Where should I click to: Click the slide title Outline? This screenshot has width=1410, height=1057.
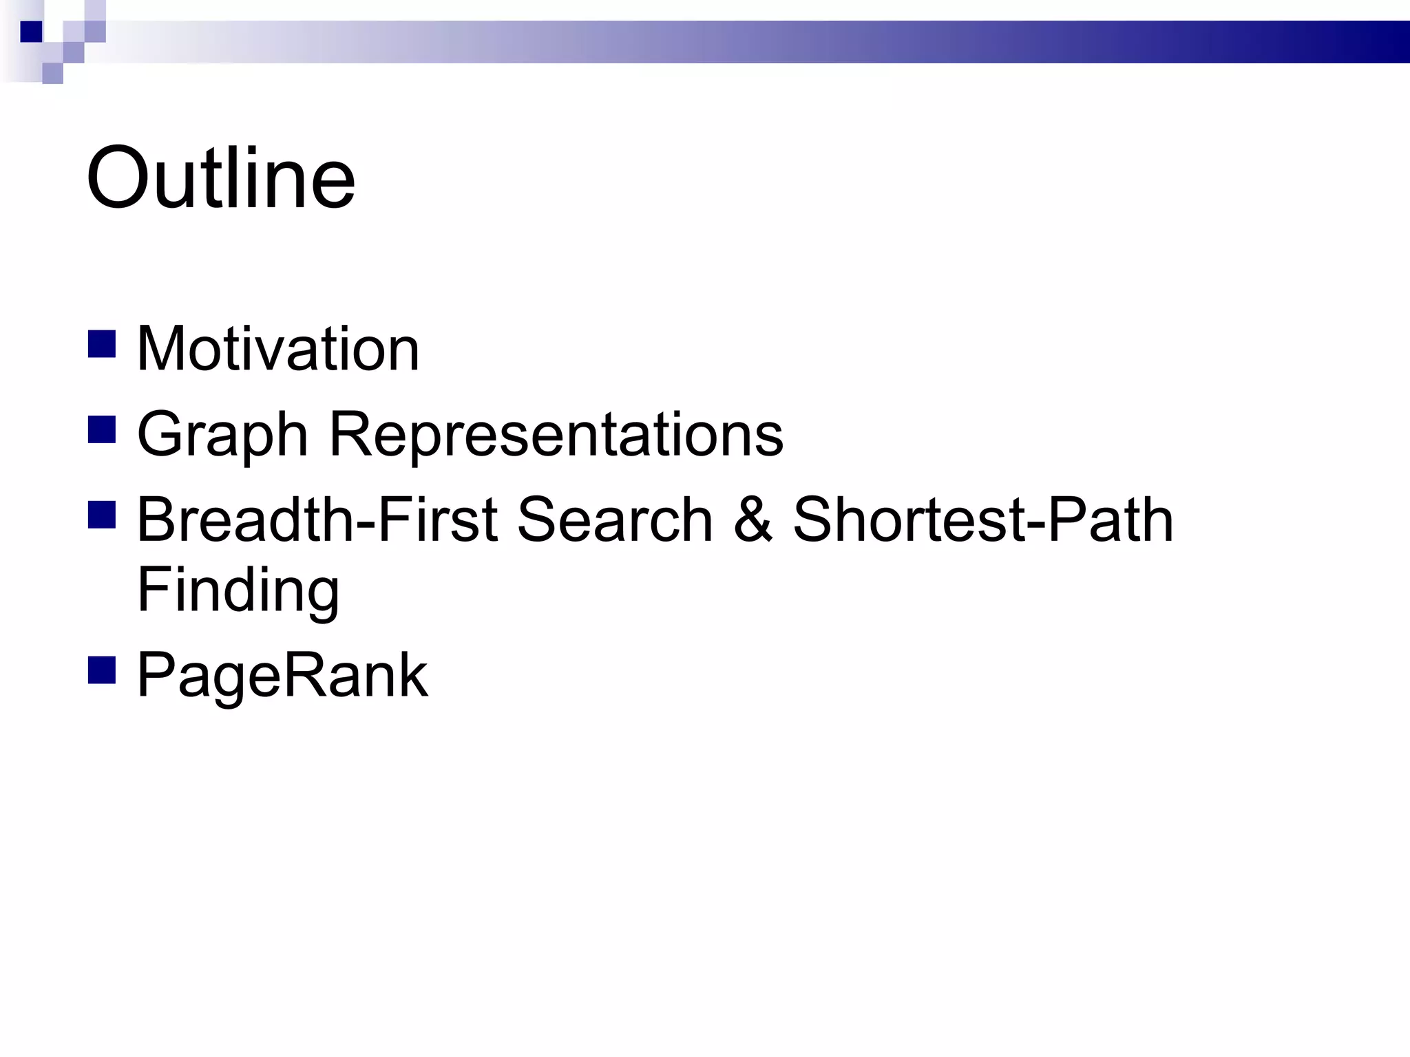tap(220, 178)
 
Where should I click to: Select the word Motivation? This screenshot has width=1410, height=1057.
tap(278, 349)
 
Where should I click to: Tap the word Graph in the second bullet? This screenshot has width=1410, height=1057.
tap(222, 435)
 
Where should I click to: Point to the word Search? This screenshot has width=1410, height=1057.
tap(614, 520)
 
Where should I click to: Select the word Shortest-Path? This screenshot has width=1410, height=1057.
tap(983, 520)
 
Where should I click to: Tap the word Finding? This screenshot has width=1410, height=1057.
tap(238, 590)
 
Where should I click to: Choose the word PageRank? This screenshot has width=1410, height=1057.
tap(282, 676)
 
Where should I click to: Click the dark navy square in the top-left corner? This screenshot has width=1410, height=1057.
tap(31, 32)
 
